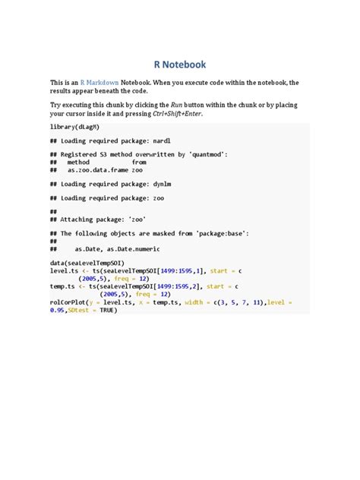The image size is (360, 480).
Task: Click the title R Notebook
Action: coord(179,65)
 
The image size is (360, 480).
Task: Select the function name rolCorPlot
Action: coord(68,302)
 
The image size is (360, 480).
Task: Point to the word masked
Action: coord(159,234)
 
